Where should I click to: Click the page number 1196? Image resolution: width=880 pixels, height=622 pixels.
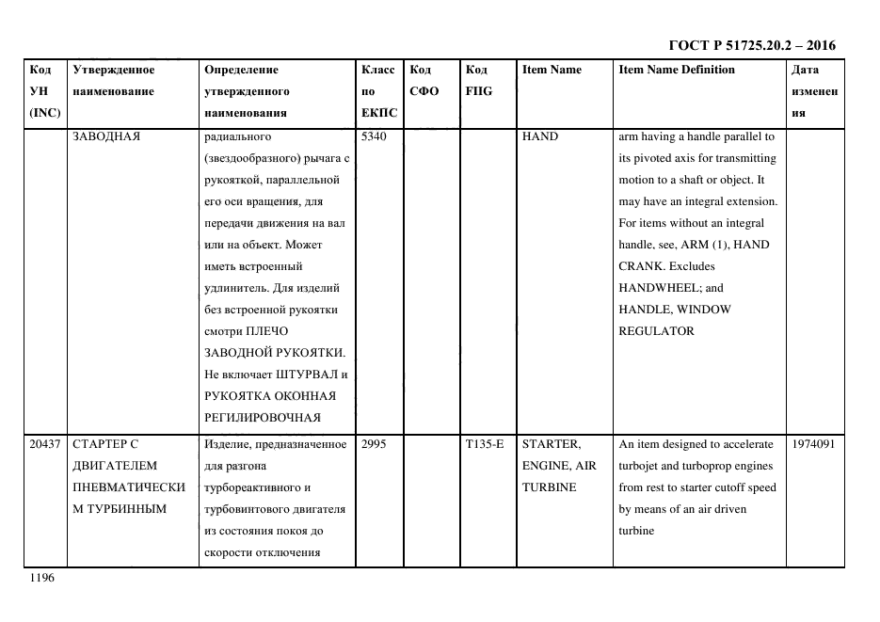pyautogui.click(x=42, y=579)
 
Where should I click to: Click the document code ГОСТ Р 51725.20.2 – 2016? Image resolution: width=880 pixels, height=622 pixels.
pyautogui.click(x=751, y=45)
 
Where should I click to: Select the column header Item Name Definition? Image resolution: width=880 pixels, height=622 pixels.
pyautogui.click(x=676, y=70)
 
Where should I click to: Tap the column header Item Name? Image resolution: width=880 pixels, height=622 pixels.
pyautogui.click(x=552, y=70)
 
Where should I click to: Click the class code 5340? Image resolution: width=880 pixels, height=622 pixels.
pyautogui.click(x=374, y=136)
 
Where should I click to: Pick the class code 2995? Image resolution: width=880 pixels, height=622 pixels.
pyautogui.click(x=374, y=444)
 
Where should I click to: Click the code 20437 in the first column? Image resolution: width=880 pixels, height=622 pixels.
pyautogui.click(x=44, y=444)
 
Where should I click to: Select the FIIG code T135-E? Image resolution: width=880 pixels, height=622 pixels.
pyautogui.click(x=485, y=444)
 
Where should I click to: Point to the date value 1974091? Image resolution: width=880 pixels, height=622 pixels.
pyautogui.click(x=814, y=444)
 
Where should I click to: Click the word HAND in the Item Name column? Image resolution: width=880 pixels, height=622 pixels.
pyautogui.click(x=539, y=136)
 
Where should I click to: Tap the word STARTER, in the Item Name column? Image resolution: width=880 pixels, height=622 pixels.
pyautogui.click(x=551, y=444)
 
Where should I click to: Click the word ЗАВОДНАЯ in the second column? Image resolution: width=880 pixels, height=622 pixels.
pyautogui.click(x=106, y=136)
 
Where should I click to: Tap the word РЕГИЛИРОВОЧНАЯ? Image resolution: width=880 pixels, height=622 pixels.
pyautogui.click(x=262, y=418)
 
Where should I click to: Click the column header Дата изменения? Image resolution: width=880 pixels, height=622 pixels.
pyautogui.click(x=813, y=91)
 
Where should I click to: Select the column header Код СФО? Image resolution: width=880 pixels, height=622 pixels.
pyautogui.click(x=424, y=81)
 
